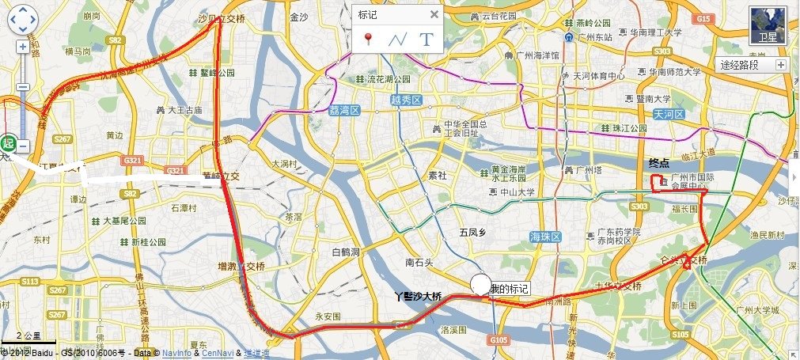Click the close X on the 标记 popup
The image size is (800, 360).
tap(434, 14)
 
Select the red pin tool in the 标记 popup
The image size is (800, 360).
tap(368, 38)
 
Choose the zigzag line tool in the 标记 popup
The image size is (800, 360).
tap(397, 38)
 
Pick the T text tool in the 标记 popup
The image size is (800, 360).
tap(427, 38)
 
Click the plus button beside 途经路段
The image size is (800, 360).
tap(781, 65)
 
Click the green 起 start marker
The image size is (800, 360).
tap(9, 143)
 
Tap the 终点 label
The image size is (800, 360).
tap(659, 163)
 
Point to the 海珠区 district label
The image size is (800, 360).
tap(545, 237)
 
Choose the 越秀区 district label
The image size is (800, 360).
tap(406, 100)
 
